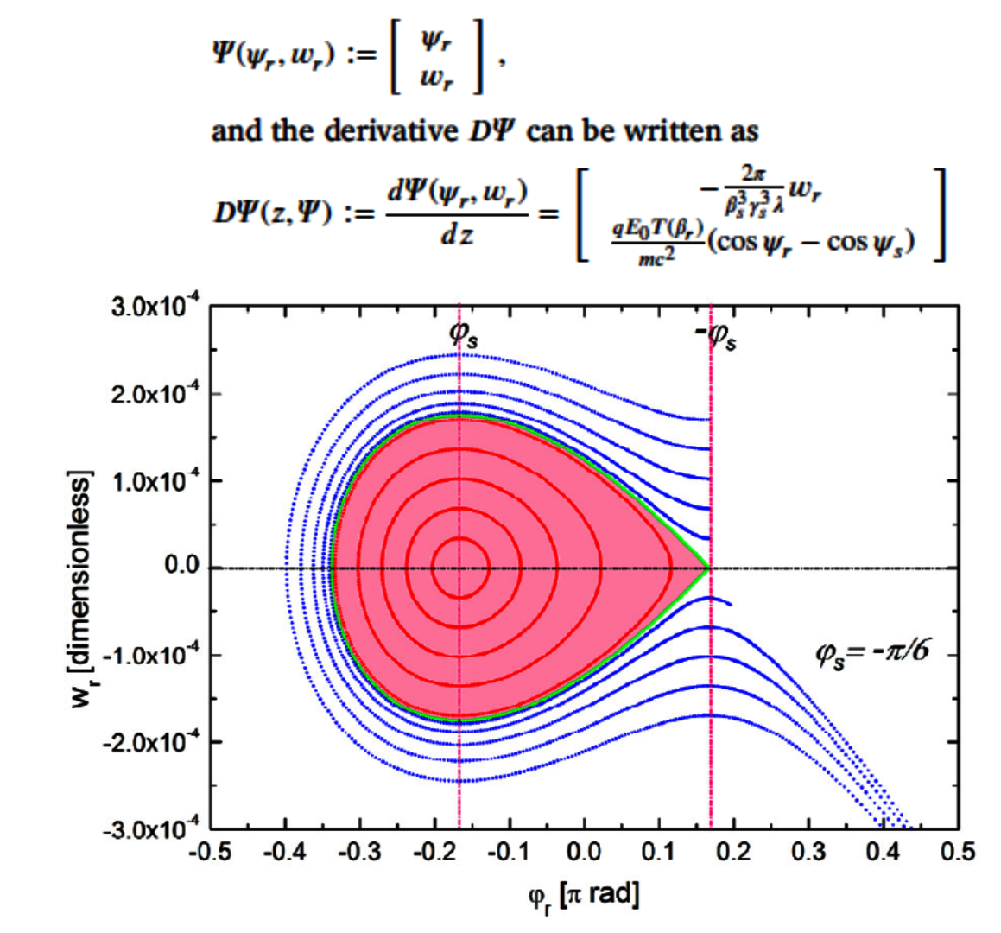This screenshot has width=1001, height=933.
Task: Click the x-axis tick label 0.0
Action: pos(584,853)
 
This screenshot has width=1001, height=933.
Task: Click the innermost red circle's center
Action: pos(459,568)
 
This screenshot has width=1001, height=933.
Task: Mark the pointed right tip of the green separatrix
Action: pos(708,568)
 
